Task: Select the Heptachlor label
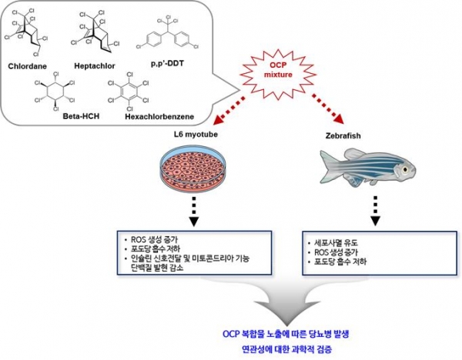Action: [96, 66]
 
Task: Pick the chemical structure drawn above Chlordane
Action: [29, 32]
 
